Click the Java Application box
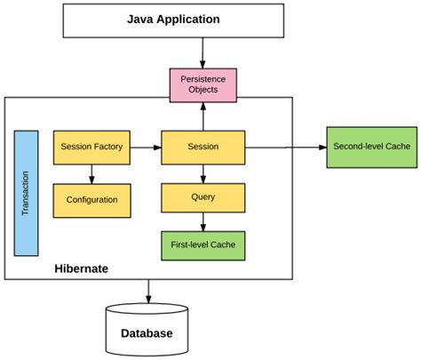(203, 19)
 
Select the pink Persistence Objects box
(203, 84)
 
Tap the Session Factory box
(92, 146)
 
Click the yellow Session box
(203, 146)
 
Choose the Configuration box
(92, 200)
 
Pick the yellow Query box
(203, 196)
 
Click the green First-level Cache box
(203, 244)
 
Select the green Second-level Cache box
(370, 146)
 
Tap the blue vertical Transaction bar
(26, 193)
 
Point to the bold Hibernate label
(82, 267)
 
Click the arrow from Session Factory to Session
(146, 146)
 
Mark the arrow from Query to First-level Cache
(203, 220)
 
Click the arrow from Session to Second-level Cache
(284, 146)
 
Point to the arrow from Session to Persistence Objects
(203, 116)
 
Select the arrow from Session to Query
(203, 172)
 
